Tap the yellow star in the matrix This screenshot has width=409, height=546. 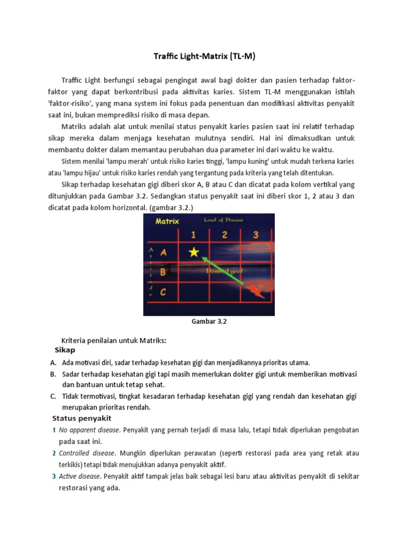coord(193,252)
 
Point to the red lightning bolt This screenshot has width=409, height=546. coord(256,291)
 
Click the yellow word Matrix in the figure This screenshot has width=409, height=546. coord(166,221)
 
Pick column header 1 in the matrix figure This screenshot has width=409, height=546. coord(193,235)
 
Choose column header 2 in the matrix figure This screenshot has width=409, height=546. coord(225,235)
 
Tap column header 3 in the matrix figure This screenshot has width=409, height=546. coord(256,235)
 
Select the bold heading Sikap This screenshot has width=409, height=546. coord(65,350)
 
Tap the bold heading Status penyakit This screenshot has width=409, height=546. coord(81,417)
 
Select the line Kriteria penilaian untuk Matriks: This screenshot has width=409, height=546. coord(115,341)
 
